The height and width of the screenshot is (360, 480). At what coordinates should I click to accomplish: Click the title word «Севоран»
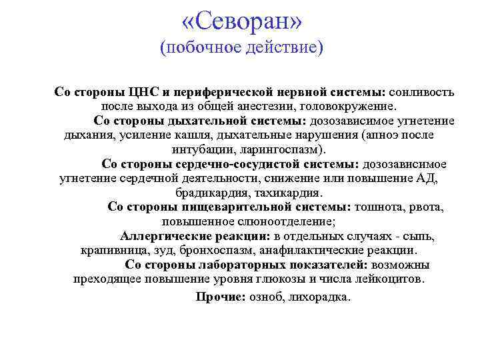coord(241,21)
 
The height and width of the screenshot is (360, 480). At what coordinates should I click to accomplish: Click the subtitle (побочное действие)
coord(241,48)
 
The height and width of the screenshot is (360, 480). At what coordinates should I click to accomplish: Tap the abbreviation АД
coord(427,178)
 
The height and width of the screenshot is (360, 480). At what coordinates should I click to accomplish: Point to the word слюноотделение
coord(291,221)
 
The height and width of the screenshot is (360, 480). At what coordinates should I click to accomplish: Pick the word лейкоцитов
coord(389,279)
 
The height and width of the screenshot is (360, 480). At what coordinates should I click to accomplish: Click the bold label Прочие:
coord(221,297)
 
